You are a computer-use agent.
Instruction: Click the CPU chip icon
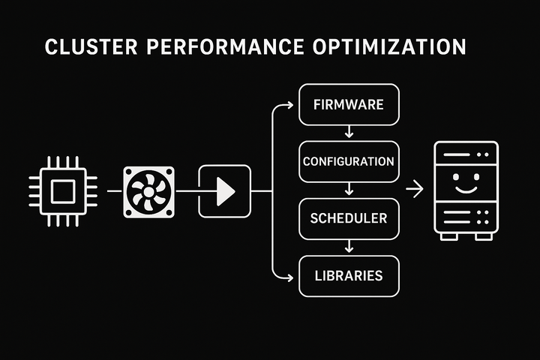click(x=63, y=191)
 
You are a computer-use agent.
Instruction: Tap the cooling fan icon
click(x=148, y=192)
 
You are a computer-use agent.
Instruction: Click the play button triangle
click(x=224, y=192)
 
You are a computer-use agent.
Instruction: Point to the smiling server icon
click(x=466, y=190)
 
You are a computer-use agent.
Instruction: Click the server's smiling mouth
click(x=466, y=189)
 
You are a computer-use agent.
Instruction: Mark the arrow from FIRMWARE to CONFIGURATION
click(x=347, y=133)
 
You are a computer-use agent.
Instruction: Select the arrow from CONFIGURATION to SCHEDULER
click(x=347, y=190)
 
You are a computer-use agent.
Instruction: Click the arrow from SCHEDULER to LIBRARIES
click(x=347, y=247)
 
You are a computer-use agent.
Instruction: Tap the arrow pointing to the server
click(x=414, y=191)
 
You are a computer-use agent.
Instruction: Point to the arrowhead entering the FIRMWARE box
click(x=289, y=105)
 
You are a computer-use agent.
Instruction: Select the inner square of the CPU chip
click(x=63, y=191)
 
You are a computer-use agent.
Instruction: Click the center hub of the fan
click(x=148, y=192)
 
